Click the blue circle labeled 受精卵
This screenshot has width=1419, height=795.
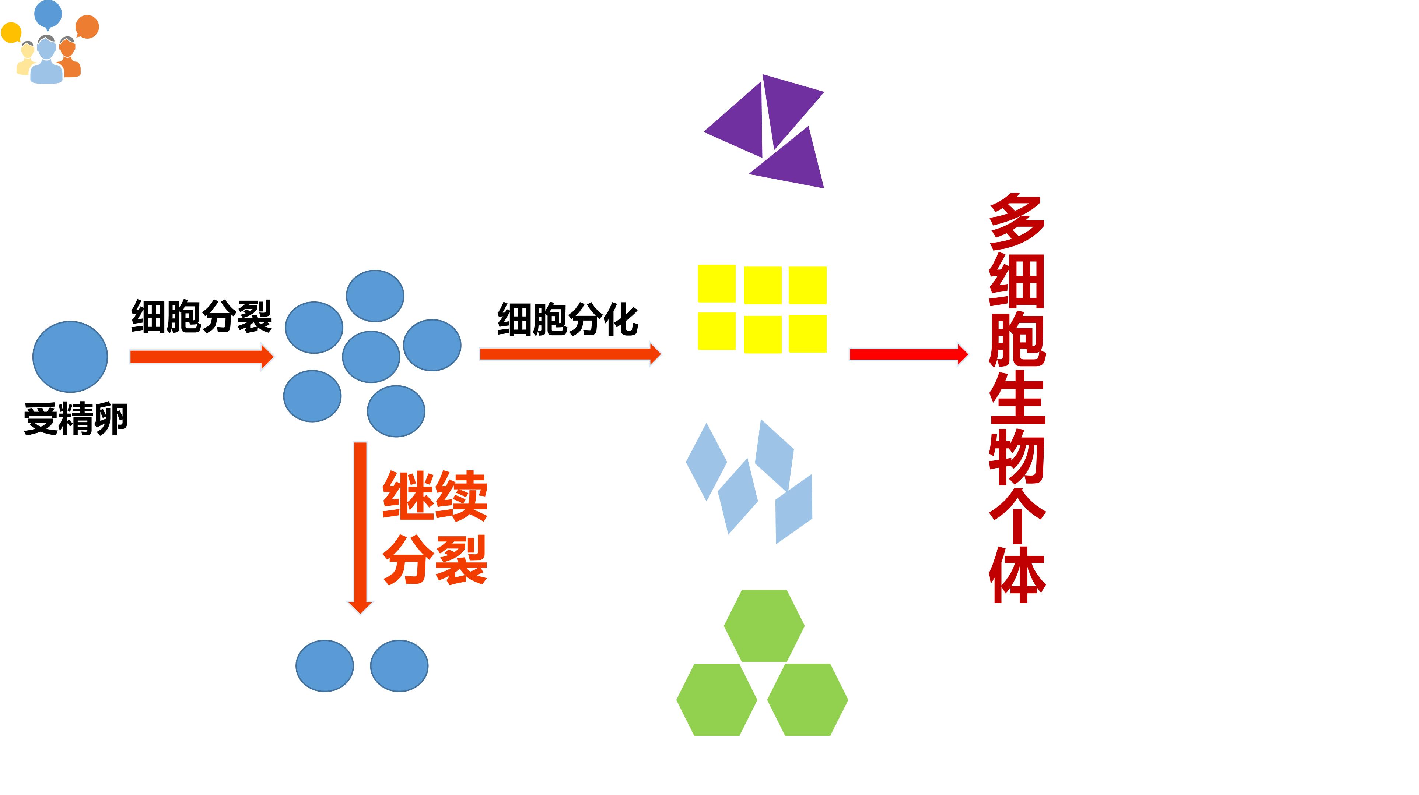pyautogui.click(x=70, y=357)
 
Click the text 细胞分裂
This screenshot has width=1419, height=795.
pyautogui.click(x=202, y=317)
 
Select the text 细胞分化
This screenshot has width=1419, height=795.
pyautogui.click(x=567, y=319)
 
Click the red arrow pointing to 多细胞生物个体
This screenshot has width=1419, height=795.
pyautogui.click(x=909, y=354)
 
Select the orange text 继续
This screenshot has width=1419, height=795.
pyautogui.click(x=435, y=495)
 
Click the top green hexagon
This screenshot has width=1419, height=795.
pyautogui.click(x=764, y=625)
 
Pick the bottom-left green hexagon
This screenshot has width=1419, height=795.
pyautogui.click(x=716, y=700)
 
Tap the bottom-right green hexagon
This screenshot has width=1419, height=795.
pyautogui.click(x=807, y=700)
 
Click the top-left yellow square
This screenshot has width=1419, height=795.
pyautogui.click(x=716, y=283)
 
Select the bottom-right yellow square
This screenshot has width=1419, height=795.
pyautogui.click(x=807, y=333)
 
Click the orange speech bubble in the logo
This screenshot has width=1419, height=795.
pyautogui.click(x=87, y=27)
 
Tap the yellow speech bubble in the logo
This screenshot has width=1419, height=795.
pyautogui.click(x=11, y=32)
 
